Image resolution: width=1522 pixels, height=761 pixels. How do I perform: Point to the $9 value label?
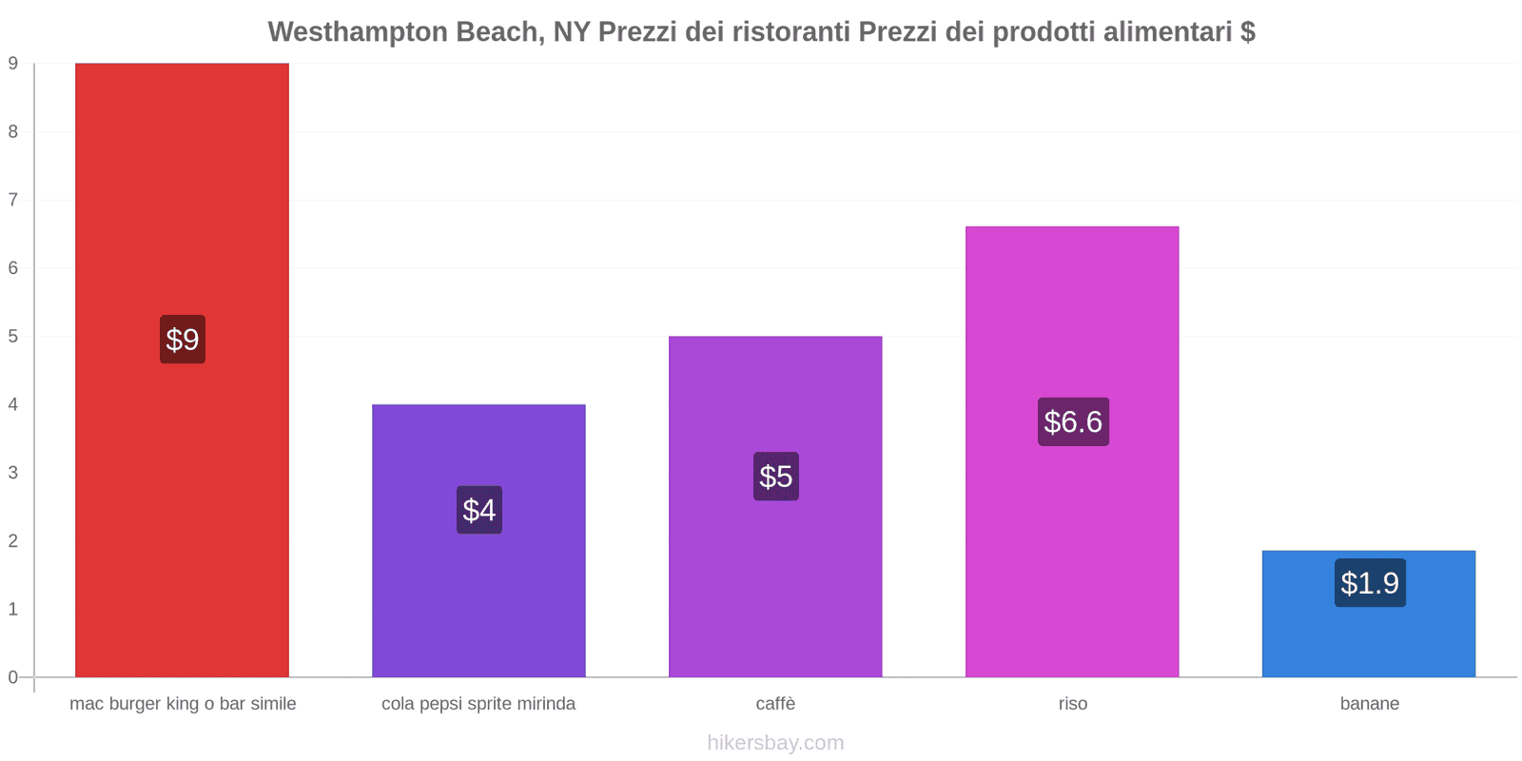click(x=183, y=340)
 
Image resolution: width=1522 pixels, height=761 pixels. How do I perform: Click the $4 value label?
click(x=479, y=510)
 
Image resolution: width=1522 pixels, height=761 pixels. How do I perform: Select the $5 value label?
click(x=776, y=477)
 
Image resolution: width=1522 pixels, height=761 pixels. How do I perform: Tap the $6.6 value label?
click(x=1073, y=421)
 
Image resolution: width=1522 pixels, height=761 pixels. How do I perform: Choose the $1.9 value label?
click(x=1370, y=583)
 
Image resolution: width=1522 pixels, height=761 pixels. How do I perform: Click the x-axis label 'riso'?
click(x=1073, y=704)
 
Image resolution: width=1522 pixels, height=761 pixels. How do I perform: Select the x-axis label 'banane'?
click(x=1370, y=704)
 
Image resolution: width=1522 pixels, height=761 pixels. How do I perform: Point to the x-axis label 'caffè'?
click(x=776, y=704)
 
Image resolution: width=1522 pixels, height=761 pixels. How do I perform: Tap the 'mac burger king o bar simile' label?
click(x=183, y=704)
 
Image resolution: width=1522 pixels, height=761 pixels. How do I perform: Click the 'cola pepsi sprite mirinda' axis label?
click(x=478, y=704)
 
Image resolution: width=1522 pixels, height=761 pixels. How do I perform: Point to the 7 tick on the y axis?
click(x=13, y=200)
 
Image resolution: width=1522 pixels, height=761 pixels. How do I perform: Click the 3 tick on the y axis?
click(x=13, y=473)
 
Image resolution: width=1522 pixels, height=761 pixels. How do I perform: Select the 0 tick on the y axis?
click(x=13, y=677)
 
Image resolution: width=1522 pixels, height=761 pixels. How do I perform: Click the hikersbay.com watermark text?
click(x=775, y=743)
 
